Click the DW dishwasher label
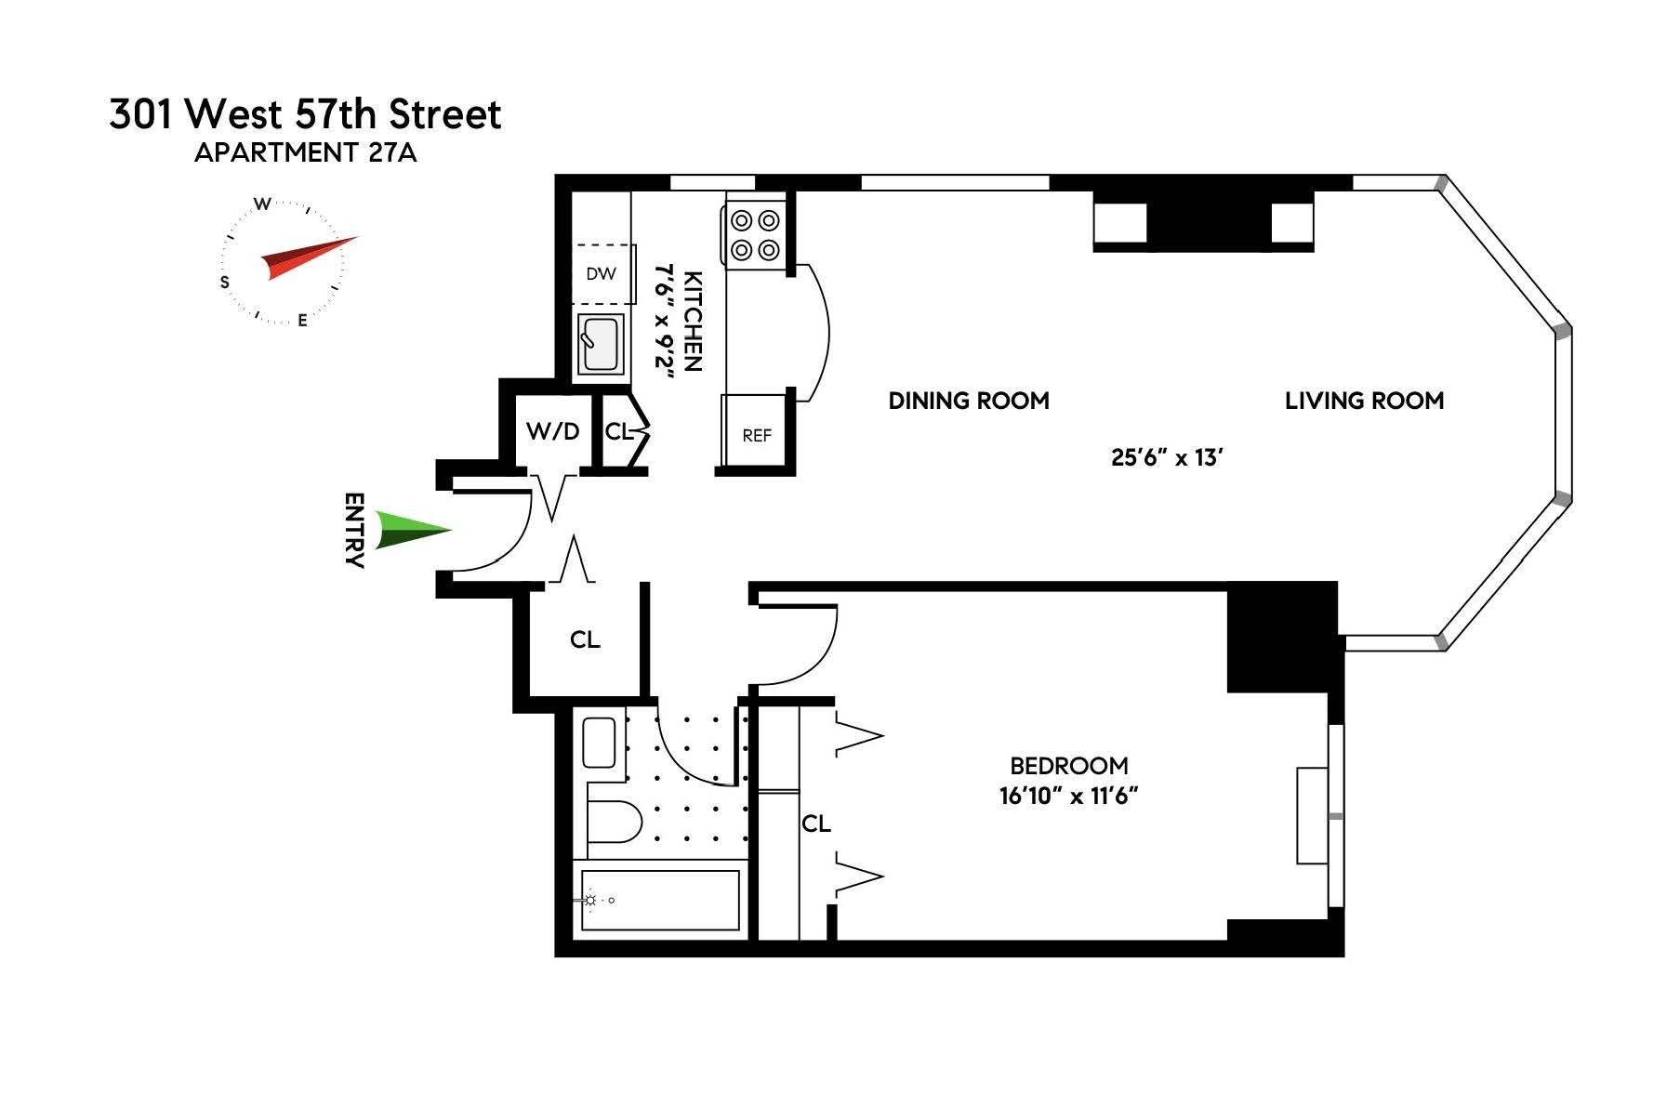[x=601, y=274]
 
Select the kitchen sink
[x=600, y=344]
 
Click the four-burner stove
[x=754, y=235]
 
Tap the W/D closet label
[x=552, y=431]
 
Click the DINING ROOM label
[x=969, y=401]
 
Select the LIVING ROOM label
[x=1364, y=401]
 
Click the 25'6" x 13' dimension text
[x=1166, y=457]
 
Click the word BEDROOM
[x=1068, y=766]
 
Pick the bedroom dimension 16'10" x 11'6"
[x=1068, y=797]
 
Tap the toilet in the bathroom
[x=614, y=822]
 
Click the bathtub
[x=660, y=900]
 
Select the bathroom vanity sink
[x=600, y=743]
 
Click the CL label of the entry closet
[x=585, y=639]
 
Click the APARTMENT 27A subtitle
[x=305, y=153]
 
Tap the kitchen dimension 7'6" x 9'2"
[x=664, y=322]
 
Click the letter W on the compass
[x=263, y=204]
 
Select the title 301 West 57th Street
[x=305, y=114]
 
